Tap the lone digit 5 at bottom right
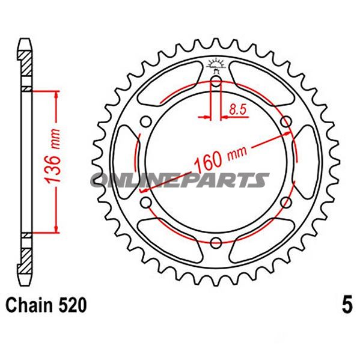click(346, 306)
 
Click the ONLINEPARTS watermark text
click(180, 179)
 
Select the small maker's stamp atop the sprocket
click(215, 63)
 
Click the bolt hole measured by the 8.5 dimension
click(216, 84)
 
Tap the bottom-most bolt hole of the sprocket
click(216, 242)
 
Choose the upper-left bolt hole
click(144, 123)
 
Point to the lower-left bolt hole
click(144, 203)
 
